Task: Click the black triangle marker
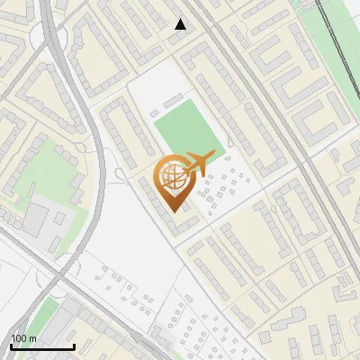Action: (x=181, y=25)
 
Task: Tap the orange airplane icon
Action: (x=200, y=163)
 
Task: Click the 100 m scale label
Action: (x=23, y=337)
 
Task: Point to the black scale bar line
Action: (x=41, y=346)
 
